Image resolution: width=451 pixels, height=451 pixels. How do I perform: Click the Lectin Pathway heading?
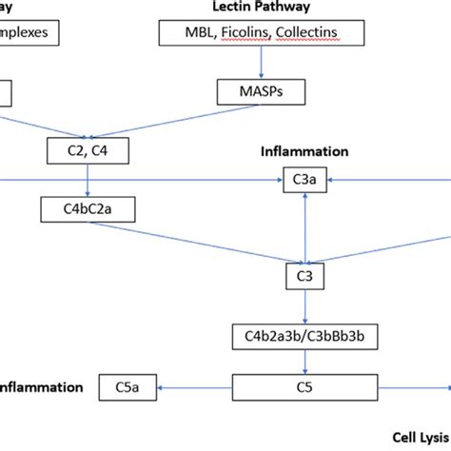click(x=262, y=9)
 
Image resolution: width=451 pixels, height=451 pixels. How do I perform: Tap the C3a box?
click(x=304, y=178)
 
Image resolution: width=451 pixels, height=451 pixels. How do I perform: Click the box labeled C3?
click(x=304, y=276)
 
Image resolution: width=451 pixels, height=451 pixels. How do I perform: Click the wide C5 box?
click(x=304, y=387)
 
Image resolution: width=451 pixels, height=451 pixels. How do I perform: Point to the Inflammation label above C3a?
click(x=304, y=151)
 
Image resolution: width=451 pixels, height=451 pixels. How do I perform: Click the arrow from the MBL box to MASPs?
click(x=261, y=64)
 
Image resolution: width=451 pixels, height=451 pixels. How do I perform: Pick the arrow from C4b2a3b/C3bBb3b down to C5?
click(x=304, y=362)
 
